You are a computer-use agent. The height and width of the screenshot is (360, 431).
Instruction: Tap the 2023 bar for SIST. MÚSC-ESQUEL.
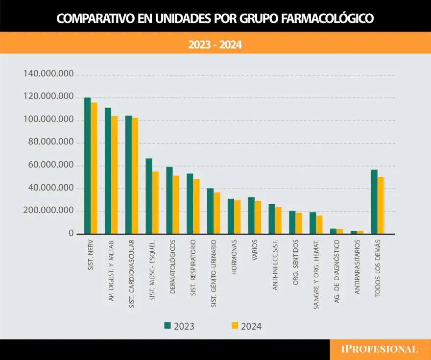[x=149, y=196]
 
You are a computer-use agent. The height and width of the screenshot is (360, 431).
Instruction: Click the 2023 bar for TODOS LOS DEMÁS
[x=374, y=201]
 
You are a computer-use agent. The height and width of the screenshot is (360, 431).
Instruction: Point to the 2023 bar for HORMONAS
[x=231, y=216]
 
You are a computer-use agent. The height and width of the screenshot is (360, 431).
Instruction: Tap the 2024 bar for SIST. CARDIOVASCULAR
[x=135, y=176]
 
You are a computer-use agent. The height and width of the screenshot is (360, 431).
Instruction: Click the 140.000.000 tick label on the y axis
[x=48, y=74]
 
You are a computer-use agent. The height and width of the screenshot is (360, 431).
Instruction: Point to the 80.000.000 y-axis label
[x=48, y=143]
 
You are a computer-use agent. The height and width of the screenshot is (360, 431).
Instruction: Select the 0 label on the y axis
[x=71, y=234]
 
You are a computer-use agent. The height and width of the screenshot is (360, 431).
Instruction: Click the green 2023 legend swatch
[x=168, y=326]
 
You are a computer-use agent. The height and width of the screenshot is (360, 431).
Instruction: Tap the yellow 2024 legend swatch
[x=234, y=326]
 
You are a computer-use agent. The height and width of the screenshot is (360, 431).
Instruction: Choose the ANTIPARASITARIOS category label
[x=357, y=266]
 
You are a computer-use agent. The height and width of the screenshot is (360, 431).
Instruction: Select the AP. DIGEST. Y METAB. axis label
[x=111, y=269]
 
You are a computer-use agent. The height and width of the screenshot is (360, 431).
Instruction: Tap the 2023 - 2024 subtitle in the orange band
[x=215, y=45]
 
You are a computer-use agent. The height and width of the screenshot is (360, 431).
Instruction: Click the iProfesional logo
[x=380, y=349]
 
